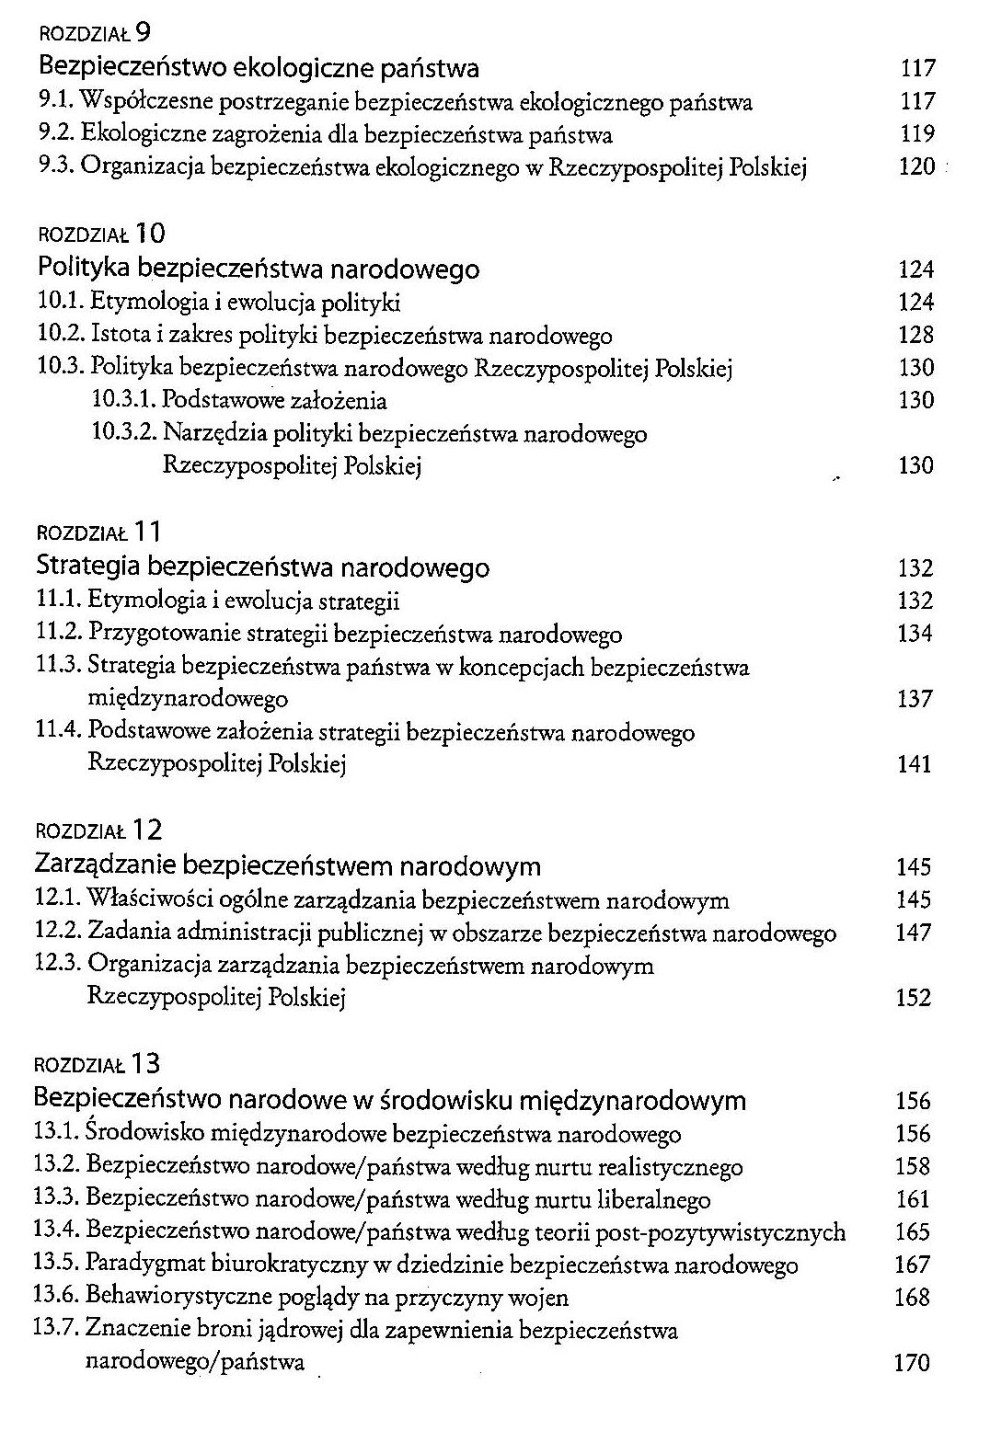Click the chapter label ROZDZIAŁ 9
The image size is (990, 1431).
pyautogui.click(x=95, y=35)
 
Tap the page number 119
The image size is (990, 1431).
pyautogui.click(x=917, y=134)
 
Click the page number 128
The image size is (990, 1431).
pyautogui.click(x=915, y=336)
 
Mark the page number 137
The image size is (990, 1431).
pyautogui.click(x=915, y=700)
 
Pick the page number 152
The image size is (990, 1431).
pyautogui.click(x=913, y=999)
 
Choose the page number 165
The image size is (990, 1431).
pyautogui.click(x=912, y=1233)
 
